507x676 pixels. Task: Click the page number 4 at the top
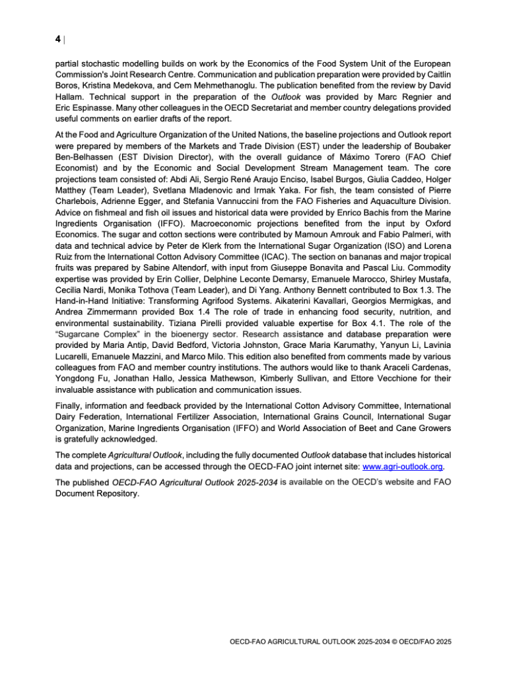[58, 39]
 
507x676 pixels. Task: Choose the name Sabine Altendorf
[194, 265]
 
